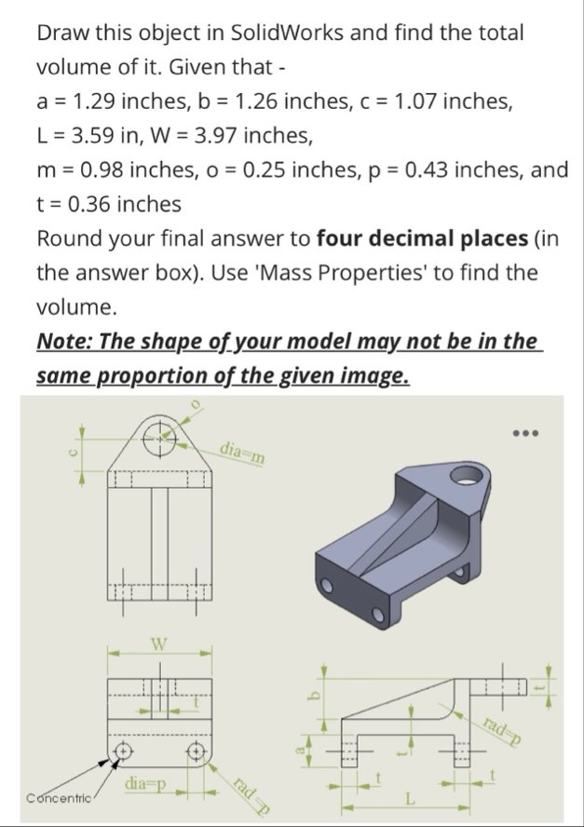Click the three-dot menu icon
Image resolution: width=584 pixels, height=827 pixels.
tap(525, 434)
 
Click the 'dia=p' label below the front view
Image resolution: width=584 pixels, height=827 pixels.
tap(146, 789)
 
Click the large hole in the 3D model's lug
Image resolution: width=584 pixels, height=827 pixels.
tap(467, 480)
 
